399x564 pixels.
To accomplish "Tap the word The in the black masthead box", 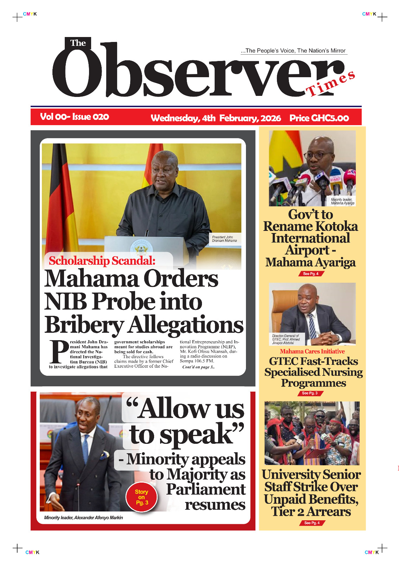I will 78,43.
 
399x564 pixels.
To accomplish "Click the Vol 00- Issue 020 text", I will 75,117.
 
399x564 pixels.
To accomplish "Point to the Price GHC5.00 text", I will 319,118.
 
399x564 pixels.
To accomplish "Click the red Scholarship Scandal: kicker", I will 102,260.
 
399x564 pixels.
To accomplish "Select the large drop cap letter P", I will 59,352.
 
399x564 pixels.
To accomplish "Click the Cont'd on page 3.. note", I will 198,367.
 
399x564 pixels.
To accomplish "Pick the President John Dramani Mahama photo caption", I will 224,239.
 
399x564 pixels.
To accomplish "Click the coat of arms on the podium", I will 141,248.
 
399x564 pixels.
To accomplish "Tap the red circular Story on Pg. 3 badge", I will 141,497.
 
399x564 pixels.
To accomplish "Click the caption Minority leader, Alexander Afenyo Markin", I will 83,517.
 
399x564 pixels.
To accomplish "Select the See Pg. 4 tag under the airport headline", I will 311,274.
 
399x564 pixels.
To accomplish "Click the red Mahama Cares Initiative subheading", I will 312,351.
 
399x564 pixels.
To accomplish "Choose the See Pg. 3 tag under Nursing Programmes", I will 310,393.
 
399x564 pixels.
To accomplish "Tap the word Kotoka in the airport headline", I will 335,226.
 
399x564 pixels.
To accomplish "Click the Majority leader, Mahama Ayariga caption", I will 342,201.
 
